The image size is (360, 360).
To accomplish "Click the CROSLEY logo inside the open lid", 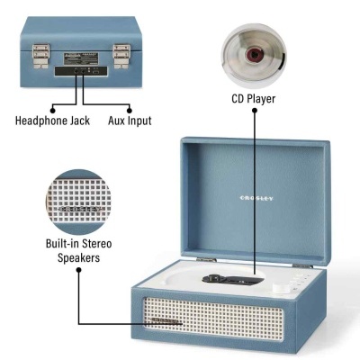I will click(x=255, y=196).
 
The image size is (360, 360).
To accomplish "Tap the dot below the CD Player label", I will click(x=255, y=110).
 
